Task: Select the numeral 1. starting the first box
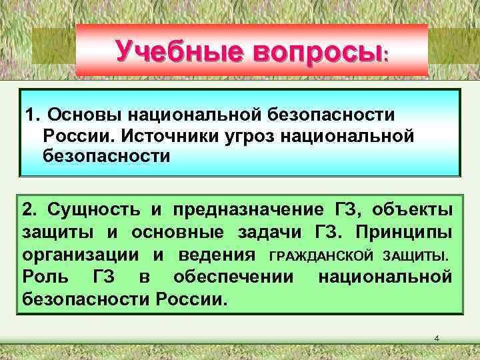33,113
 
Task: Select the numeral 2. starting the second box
31,211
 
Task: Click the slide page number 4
437,339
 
